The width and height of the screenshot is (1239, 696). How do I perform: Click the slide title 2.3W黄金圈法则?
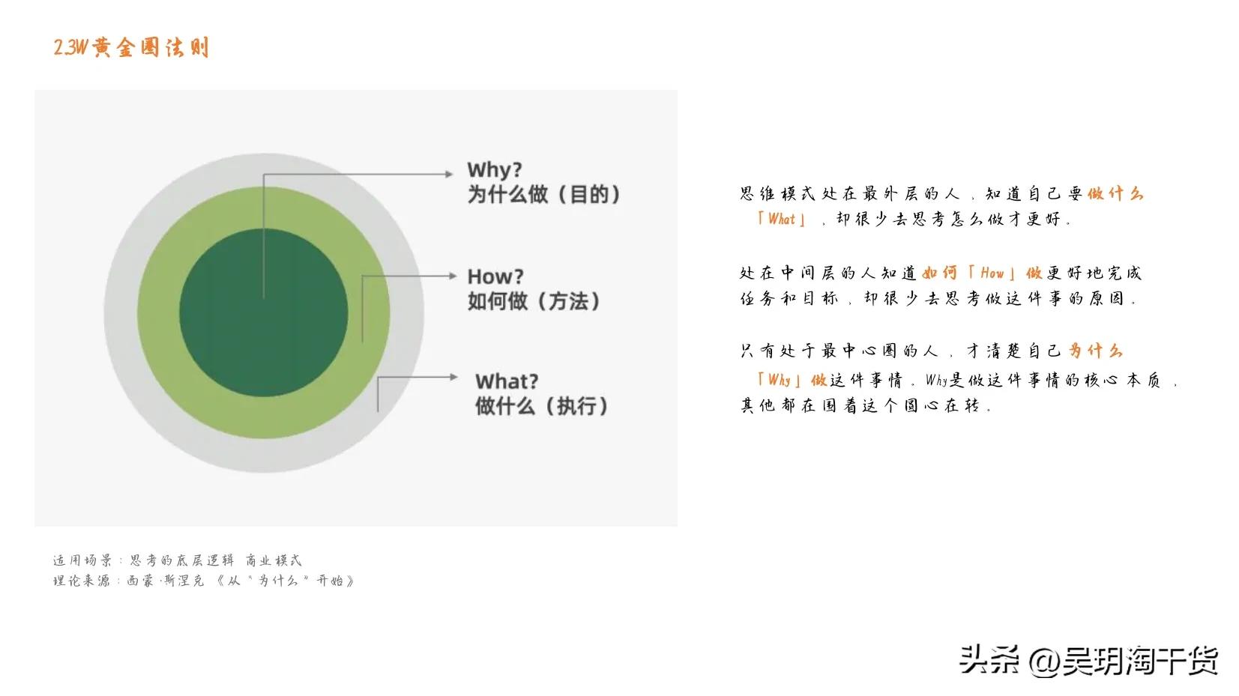(x=131, y=48)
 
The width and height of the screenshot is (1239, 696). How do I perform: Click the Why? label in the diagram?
(x=494, y=169)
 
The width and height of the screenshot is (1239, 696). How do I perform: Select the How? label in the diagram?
(x=495, y=276)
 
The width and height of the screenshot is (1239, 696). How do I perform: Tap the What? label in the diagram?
(x=506, y=381)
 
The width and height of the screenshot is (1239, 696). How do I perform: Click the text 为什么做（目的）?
(x=544, y=195)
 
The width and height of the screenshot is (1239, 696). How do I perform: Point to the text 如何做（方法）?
(x=534, y=301)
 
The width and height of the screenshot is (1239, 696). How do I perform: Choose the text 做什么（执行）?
(x=541, y=406)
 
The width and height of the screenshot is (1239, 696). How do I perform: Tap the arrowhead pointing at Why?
(x=449, y=174)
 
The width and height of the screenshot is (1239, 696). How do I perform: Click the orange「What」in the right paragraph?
(x=781, y=220)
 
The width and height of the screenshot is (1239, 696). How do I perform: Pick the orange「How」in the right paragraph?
(x=992, y=273)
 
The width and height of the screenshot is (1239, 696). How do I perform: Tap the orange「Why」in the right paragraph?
(x=780, y=380)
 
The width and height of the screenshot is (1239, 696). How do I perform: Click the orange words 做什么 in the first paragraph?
(x=1115, y=194)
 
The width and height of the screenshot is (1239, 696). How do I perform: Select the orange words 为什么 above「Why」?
(x=1095, y=351)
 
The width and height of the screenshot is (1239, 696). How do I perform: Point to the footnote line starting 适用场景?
(x=177, y=560)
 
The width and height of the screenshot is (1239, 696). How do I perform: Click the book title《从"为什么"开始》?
(x=285, y=581)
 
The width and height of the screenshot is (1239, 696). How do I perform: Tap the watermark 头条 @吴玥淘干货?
(x=1088, y=660)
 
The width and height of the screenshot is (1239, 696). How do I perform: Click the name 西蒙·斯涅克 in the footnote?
(x=165, y=581)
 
